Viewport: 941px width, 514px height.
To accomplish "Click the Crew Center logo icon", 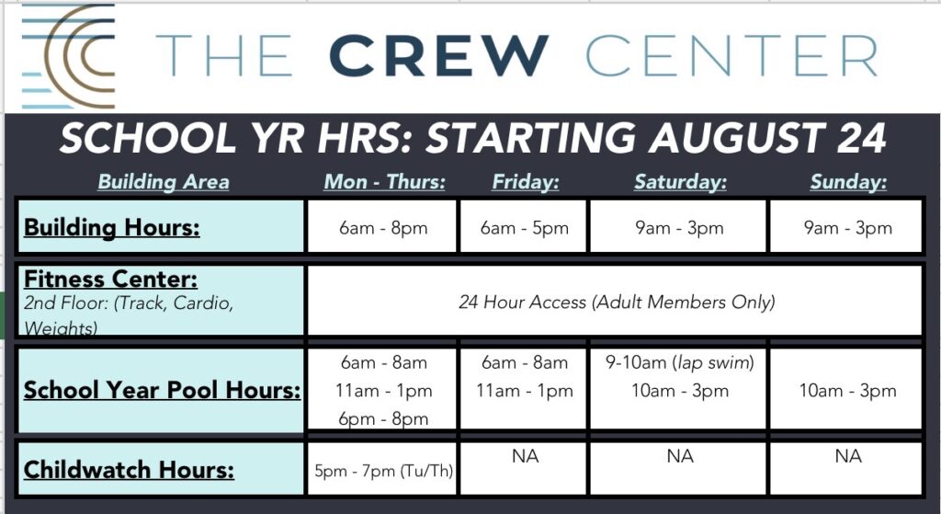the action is (68, 56).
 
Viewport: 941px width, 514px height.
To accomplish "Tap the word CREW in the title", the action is (438, 56).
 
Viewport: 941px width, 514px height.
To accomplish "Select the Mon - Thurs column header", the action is (385, 181).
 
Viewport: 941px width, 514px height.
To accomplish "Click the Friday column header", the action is (525, 181).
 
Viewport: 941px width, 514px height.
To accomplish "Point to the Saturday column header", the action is (680, 181).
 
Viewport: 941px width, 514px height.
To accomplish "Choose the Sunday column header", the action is (848, 181).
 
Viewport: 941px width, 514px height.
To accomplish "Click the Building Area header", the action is (164, 181).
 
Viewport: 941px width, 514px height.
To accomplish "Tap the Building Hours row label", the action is (111, 228).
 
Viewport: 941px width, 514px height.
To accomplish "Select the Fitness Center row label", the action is (110, 279).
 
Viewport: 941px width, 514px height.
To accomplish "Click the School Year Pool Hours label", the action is (162, 390).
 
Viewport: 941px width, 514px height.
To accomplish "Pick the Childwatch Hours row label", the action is (129, 469).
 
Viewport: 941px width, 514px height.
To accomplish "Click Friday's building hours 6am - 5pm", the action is (524, 228).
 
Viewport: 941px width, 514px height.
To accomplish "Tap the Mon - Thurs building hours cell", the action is (383, 228).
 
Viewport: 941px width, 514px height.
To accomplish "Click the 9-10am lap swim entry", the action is (679, 362).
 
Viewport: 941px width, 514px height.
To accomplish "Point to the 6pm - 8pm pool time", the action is (383, 418).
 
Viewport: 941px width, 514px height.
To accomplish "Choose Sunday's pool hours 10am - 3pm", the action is (847, 391).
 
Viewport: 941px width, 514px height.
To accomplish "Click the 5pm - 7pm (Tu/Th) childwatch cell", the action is (383, 470).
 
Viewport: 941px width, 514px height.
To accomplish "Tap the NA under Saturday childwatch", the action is (680, 456).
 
